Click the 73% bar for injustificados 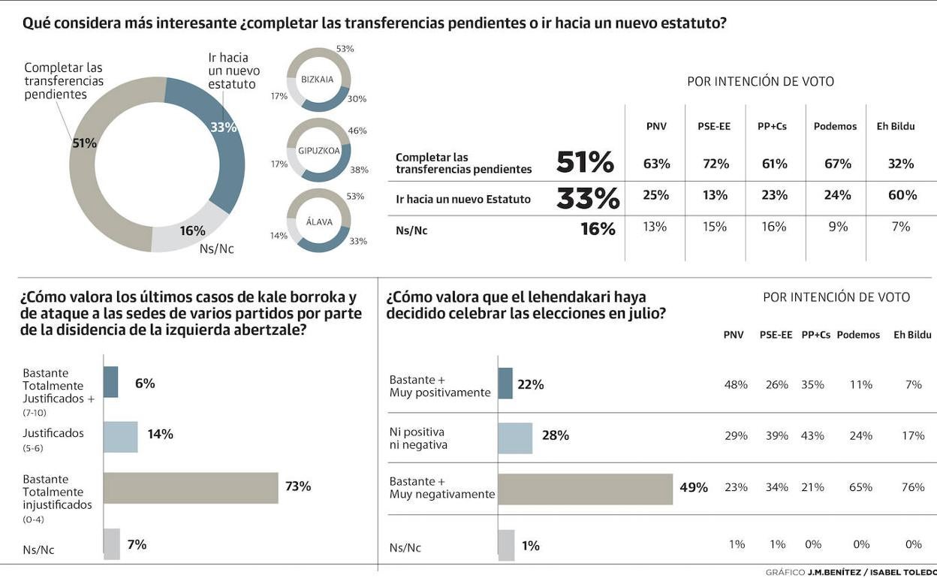(x=191, y=488)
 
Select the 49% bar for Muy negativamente (x=586, y=489)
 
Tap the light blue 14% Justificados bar (x=120, y=437)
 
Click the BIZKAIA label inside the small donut (x=317, y=79)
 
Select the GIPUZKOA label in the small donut (x=319, y=150)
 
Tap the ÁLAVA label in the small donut (x=319, y=221)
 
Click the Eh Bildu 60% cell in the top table (x=901, y=195)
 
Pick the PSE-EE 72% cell (x=715, y=164)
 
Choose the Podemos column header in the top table (x=835, y=126)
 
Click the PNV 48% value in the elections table (x=736, y=384)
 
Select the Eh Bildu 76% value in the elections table (x=913, y=487)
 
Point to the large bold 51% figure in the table (x=585, y=162)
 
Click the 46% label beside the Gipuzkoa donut (x=357, y=131)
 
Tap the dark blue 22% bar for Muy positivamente (x=505, y=383)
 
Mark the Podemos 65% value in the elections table (x=860, y=487)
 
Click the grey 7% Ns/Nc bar (x=111, y=544)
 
